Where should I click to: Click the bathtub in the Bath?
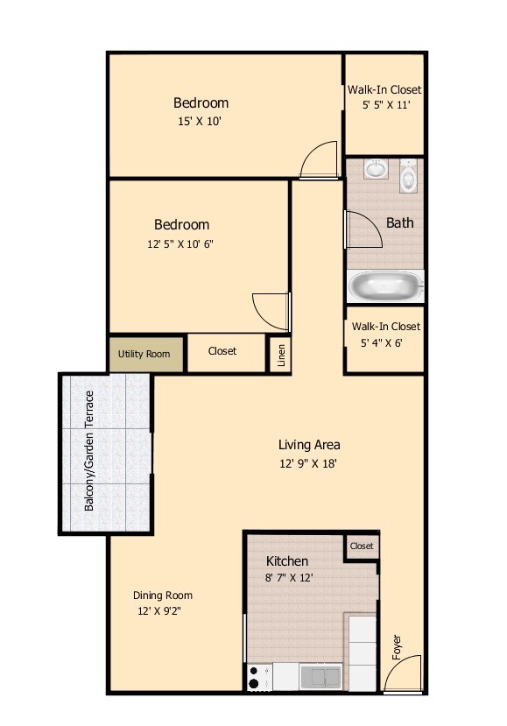click(x=385, y=286)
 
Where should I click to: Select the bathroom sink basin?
click(x=376, y=169)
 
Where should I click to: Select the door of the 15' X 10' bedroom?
click(x=316, y=160)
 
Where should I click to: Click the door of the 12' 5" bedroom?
click(x=270, y=309)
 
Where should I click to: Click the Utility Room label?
click(x=144, y=354)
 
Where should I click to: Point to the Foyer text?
click(x=397, y=646)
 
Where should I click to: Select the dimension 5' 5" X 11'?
click(x=385, y=105)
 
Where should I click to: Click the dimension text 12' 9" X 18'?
click(x=308, y=463)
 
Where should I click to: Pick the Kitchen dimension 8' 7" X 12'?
click(x=289, y=577)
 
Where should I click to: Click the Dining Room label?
click(x=163, y=596)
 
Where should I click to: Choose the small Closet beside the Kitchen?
click(x=361, y=546)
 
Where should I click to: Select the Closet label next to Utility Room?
click(x=222, y=351)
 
